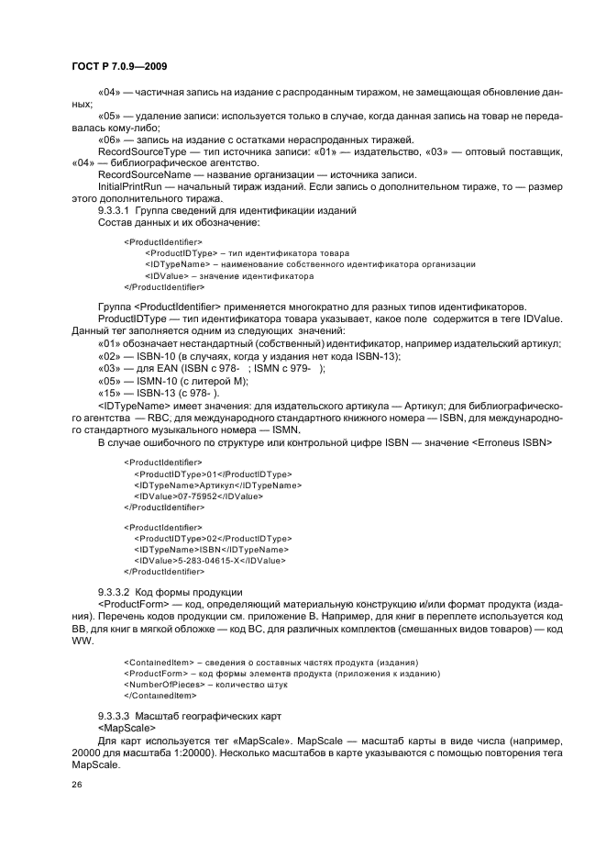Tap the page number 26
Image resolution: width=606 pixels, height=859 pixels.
coord(77,785)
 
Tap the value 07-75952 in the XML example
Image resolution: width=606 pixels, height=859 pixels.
coord(200,496)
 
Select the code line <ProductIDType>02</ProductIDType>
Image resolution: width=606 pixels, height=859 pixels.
coord(213,538)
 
